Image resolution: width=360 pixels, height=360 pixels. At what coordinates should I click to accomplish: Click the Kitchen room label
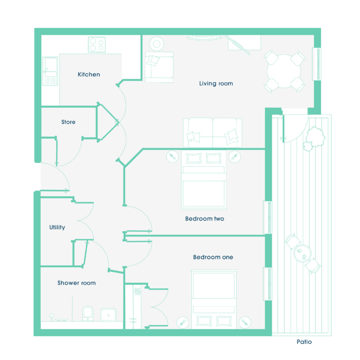pyautogui.click(x=89, y=75)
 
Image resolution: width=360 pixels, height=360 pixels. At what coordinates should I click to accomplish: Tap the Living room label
pyautogui.click(x=216, y=83)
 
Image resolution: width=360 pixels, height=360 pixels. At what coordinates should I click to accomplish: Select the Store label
pyautogui.click(x=68, y=122)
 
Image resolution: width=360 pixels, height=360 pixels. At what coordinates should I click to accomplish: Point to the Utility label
pyautogui.click(x=57, y=227)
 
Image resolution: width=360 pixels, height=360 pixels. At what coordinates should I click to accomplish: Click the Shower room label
pyautogui.click(x=76, y=283)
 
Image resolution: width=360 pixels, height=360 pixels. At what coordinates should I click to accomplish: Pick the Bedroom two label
pyautogui.click(x=204, y=218)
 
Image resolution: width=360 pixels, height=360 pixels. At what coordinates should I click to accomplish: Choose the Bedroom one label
pyautogui.click(x=213, y=257)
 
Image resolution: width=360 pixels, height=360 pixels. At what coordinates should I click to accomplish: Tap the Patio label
pyautogui.click(x=304, y=342)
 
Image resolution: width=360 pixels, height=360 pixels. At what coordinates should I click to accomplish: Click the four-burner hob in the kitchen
pyautogui.click(x=97, y=45)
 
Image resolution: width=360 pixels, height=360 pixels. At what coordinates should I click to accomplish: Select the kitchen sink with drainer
pyautogui.click(x=50, y=71)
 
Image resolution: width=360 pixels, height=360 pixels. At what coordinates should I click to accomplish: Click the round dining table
pyautogui.click(x=284, y=71)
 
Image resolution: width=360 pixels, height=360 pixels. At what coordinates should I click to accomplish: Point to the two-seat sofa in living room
pyautogui.click(x=213, y=133)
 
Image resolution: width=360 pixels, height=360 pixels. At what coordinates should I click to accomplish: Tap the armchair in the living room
pyautogui.click(x=159, y=67)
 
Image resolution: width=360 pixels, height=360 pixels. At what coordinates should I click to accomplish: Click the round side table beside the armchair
pyautogui.click(x=157, y=44)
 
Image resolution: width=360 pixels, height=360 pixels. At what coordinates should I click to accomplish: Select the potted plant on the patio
pyautogui.click(x=314, y=139)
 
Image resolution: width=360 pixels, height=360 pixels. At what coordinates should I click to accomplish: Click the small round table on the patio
pyautogui.click(x=302, y=254)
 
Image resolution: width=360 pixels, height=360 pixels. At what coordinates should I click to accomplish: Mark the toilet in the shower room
pyautogui.click(x=88, y=314)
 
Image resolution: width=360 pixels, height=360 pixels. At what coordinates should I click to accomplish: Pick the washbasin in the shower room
pyautogui.click(x=108, y=315)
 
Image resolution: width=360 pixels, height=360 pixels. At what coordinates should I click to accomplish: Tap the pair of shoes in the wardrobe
pyautogui.click(x=137, y=292)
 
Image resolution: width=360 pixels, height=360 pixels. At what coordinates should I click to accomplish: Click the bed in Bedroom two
pyautogui.click(x=203, y=180)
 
